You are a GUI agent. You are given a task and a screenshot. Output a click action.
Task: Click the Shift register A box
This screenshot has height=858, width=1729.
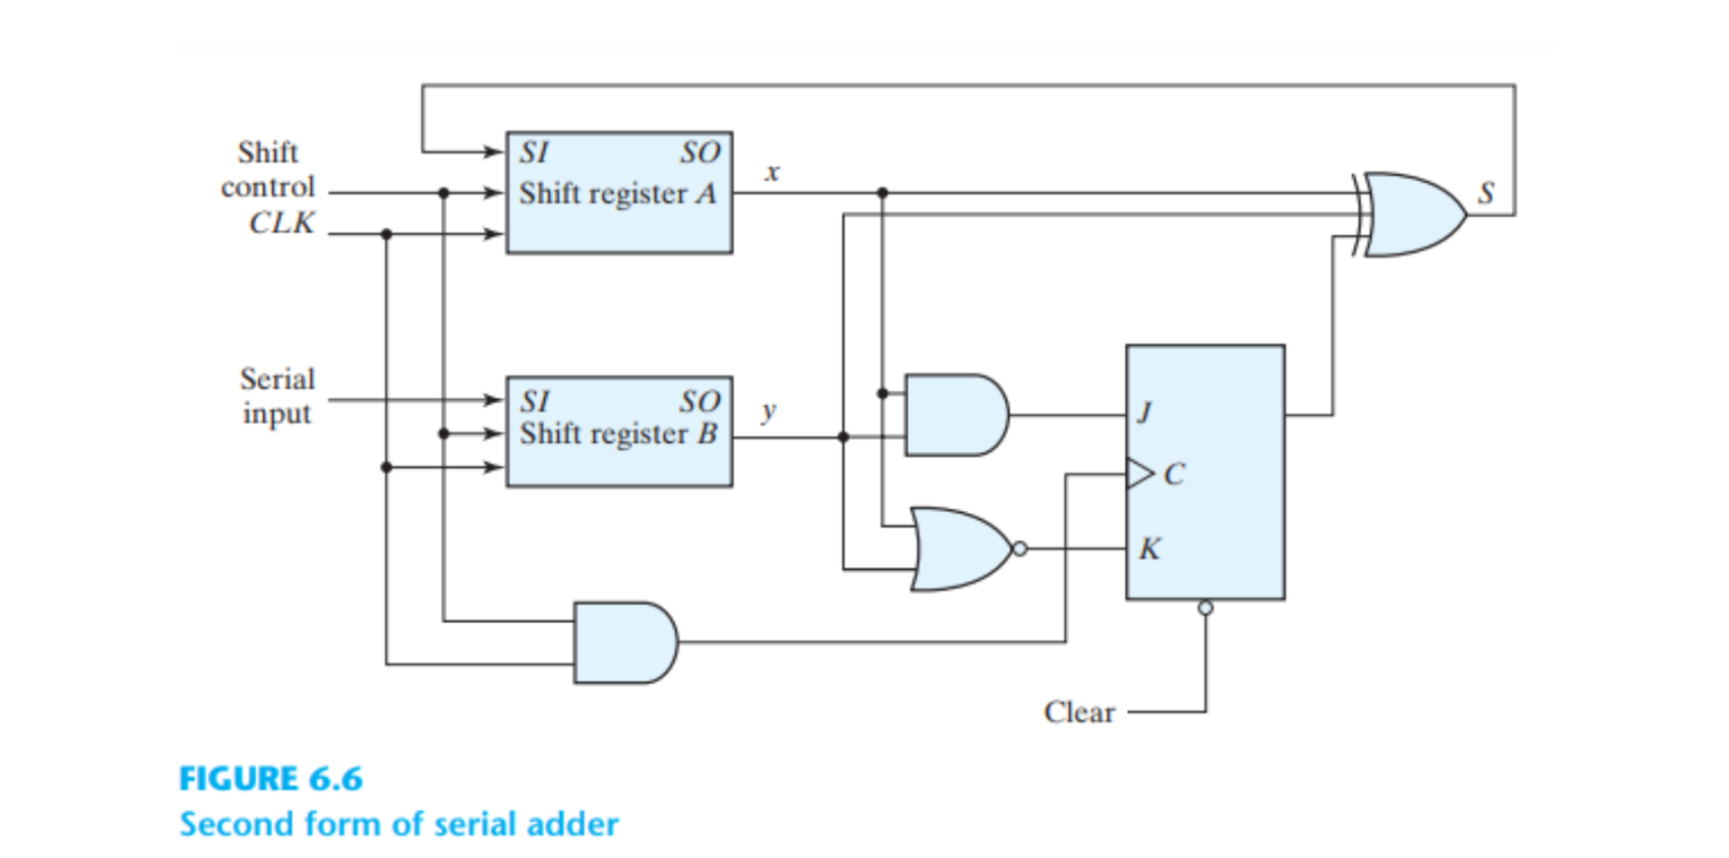click(619, 192)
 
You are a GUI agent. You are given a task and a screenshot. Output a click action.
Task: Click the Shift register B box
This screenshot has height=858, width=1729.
click(619, 431)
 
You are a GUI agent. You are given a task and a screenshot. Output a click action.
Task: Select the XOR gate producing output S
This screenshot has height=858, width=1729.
click(1411, 214)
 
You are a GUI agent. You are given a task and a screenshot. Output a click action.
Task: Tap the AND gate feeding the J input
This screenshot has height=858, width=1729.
click(957, 415)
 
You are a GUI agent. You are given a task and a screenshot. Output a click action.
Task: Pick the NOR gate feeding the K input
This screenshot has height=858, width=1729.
click(962, 549)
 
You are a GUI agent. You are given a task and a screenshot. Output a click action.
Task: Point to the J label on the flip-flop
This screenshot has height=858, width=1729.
click(1145, 413)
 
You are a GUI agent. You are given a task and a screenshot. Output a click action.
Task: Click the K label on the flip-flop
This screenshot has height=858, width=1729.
click(1149, 549)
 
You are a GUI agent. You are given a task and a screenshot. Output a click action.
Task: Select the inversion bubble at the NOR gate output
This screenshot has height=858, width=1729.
click(1019, 549)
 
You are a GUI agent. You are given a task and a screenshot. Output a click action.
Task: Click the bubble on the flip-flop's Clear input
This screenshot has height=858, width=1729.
click(1205, 608)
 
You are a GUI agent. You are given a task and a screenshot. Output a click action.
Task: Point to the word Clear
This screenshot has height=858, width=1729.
click(1079, 712)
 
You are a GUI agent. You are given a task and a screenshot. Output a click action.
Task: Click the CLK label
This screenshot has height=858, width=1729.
click(281, 223)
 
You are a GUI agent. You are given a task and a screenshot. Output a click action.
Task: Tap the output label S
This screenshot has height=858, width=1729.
click(1486, 193)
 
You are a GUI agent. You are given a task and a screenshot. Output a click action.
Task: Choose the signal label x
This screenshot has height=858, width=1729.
click(772, 172)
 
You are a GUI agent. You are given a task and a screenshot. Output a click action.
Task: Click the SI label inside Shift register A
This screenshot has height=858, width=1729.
click(534, 153)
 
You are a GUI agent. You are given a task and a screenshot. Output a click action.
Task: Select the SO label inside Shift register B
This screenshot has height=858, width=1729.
click(701, 401)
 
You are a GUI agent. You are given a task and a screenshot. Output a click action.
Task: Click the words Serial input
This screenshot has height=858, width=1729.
click(277, 396)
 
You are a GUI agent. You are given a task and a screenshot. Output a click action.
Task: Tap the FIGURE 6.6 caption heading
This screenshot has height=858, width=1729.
click(271, 779)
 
